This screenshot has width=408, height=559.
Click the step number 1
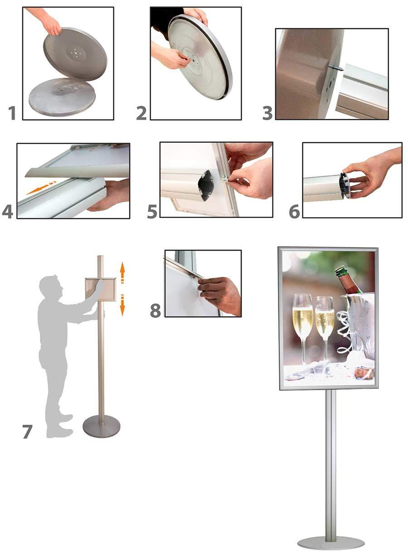click(x=12, y=113)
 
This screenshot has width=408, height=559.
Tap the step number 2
click(x=142, y=113)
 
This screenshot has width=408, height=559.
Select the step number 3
click(x=267, y=113)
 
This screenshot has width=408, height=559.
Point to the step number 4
click(x=8, y=212)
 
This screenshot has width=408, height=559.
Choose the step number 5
click(x=152, y=212)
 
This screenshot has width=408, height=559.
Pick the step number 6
click(x=295, y=212)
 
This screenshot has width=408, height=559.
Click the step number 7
click(x=27, y=432)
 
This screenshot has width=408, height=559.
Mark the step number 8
click(x=155, y=311)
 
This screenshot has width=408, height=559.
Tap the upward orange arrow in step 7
click(x=122, y=273)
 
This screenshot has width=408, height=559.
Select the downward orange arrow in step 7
click(x=122, y=305)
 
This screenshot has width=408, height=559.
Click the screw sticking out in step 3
click(x=338, y=67)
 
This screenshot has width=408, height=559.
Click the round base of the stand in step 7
click(x=102, y=427)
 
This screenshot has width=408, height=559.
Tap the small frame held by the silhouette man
click(x=101, y=290)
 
